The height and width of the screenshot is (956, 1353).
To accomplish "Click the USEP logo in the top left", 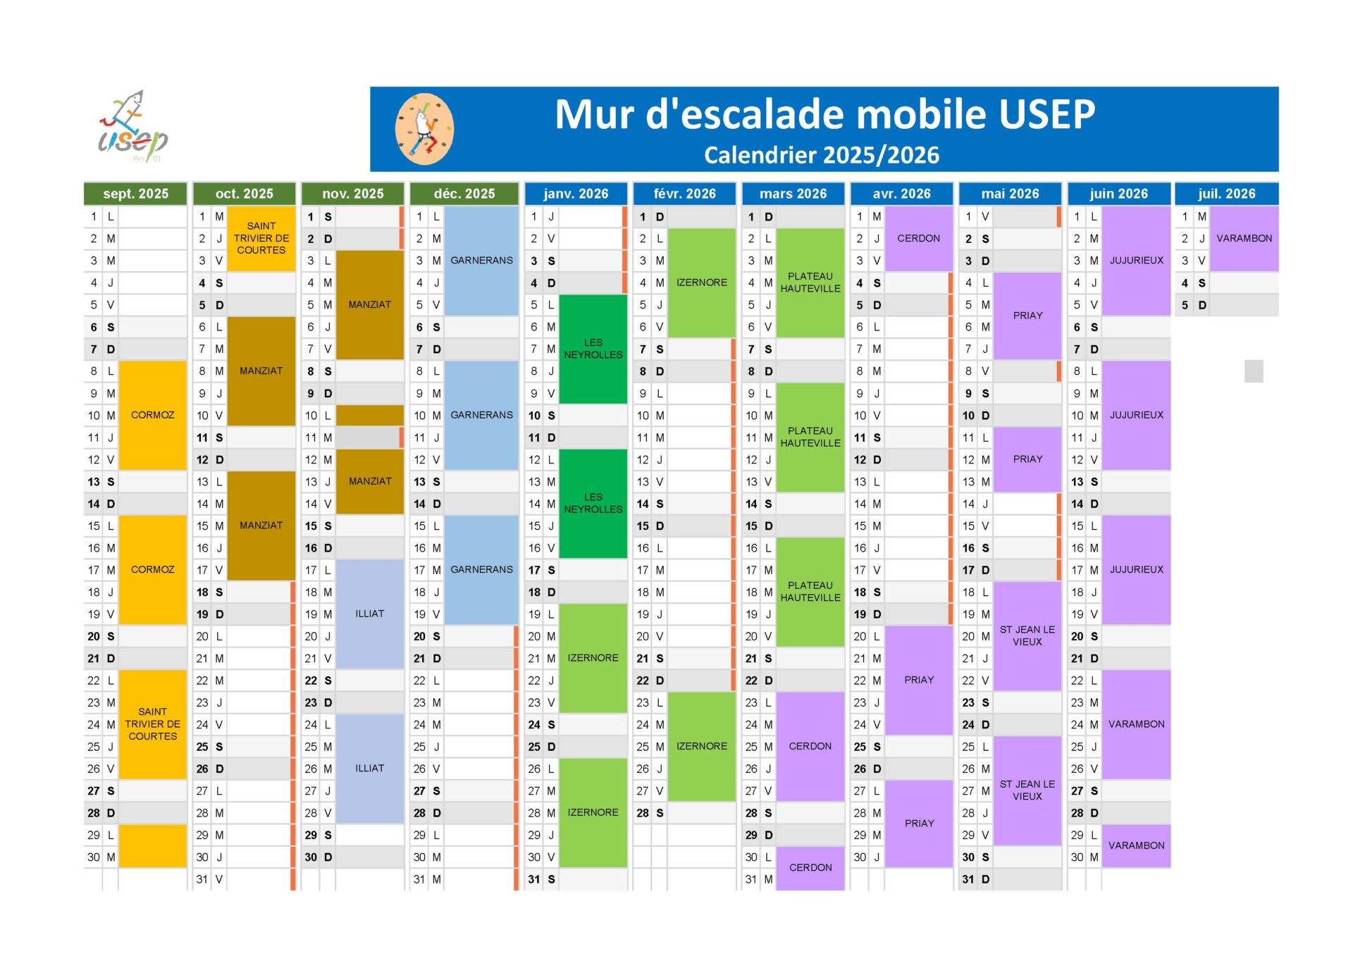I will [132, 127].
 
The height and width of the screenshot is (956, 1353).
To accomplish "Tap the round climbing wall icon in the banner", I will [424, 130].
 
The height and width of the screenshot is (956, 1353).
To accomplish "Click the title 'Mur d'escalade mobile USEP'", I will [824, 114].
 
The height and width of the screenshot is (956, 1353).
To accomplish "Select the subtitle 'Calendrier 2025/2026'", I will [821, 155].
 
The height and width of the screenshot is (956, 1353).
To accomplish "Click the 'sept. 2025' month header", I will [135, 194].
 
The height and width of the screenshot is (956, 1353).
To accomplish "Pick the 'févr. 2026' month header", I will [684, 194].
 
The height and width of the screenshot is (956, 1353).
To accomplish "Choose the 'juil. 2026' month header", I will [1226, 194].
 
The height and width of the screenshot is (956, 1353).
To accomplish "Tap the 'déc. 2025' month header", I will [464, 194].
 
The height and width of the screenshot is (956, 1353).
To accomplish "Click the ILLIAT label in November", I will [369, 614].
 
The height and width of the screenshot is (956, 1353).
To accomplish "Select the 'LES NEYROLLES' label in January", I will [593, 349].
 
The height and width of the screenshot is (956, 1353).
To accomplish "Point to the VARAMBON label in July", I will [1244, 238].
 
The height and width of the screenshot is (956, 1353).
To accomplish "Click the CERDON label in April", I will [918, 238].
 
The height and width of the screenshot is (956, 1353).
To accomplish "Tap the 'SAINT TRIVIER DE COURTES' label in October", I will [261, 238].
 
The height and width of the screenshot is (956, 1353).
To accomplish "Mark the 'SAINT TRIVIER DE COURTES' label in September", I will [153, 724].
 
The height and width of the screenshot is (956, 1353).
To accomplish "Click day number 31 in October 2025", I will [202, 879].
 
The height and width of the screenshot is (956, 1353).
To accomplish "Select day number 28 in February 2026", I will [643, 813].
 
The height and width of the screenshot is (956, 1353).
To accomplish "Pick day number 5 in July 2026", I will [1185, 305].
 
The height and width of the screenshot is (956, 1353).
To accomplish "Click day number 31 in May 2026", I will [968, 879].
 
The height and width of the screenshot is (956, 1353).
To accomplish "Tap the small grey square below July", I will [1254, 371].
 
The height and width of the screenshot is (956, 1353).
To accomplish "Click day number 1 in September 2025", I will [94, 216].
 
